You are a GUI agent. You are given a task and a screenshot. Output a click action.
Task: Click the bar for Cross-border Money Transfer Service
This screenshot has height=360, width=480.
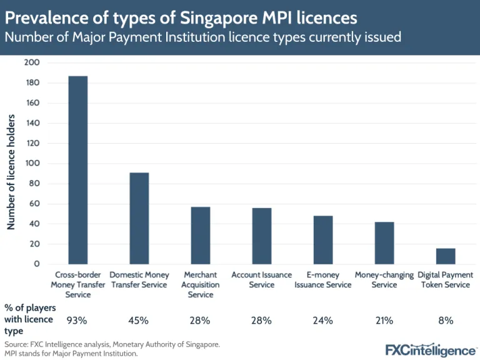coord(77,170)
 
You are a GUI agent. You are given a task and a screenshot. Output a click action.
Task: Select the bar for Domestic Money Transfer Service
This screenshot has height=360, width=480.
coord(139,218)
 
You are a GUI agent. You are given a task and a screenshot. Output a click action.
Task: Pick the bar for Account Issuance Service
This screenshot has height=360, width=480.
coord(261,236)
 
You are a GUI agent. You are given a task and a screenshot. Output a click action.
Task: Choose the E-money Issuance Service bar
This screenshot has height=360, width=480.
coord(322,240)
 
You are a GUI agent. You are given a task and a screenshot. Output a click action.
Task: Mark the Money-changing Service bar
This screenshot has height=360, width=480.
coord(384,242)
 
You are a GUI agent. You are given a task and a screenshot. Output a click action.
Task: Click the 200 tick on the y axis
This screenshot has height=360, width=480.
coord(32,62)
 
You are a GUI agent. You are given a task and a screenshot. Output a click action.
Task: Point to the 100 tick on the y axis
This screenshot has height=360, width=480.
coord(32,163)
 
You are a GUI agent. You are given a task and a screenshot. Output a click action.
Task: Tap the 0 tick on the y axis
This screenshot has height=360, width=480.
coord(36,264)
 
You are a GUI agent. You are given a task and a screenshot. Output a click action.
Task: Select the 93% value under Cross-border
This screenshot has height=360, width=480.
coord(77,321)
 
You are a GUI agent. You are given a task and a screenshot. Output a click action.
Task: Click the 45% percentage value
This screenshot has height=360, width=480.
coord(139,321)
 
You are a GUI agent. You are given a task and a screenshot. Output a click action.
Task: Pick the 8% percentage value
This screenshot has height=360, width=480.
coord(445,321)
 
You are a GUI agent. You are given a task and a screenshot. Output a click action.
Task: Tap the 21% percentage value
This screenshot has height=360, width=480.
coord(384,321)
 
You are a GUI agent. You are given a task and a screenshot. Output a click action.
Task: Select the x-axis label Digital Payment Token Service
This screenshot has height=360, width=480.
coord(445,279)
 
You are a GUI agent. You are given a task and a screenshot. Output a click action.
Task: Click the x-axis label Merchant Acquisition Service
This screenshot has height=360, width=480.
coord(200,284)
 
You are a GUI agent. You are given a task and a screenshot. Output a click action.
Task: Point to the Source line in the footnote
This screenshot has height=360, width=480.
coord(112,344)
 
